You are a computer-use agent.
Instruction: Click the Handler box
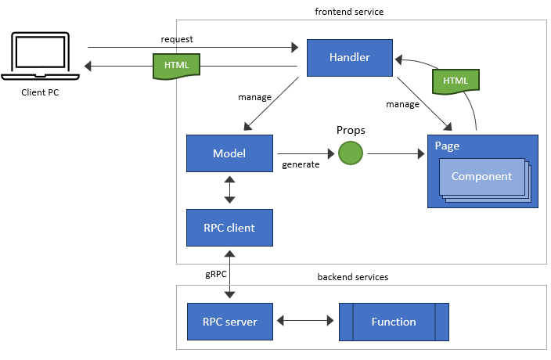[349, 58]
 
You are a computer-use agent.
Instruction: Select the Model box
[229, 153]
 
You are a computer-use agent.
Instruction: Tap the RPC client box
[229, 228]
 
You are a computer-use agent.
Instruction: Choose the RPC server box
[229, 322]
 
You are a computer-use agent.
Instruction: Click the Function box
[394, 322]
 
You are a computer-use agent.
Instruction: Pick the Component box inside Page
[481, 177]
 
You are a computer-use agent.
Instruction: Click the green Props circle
[351, 153]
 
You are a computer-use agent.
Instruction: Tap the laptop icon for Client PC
[40, 56]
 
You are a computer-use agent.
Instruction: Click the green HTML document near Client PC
[176, 63]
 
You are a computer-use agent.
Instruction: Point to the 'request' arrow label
[176, 38]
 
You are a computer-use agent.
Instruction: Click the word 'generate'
[301, 164]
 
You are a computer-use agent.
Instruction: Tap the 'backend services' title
[352, 277]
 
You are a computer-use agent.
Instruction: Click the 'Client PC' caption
[40, 92]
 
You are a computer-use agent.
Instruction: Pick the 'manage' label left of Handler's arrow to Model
[254, 97]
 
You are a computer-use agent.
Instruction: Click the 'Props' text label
[351, 129]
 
